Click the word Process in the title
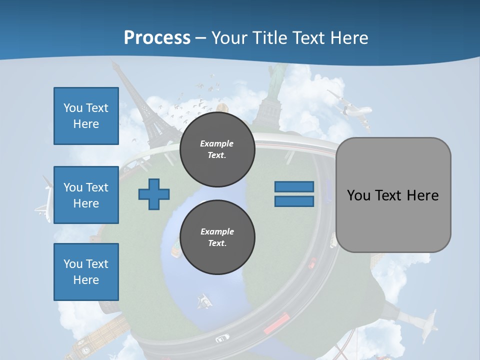click(x=157, y=37)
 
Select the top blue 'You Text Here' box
click(x=86, y=116)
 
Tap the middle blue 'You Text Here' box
click(x=86, y=195)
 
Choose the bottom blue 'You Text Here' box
click(x=86, y=271)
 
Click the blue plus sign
click(x=154, y=194)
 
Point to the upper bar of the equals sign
click(x=294, y=186)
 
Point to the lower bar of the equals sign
click(x=294, y=201)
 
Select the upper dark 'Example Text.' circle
click(x=217, y=149)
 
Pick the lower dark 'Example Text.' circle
click(x=217, y=237)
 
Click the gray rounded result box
click(x=393, y=195)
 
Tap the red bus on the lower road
click(x=276, y=322)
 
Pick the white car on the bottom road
click(x=222, y=338)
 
